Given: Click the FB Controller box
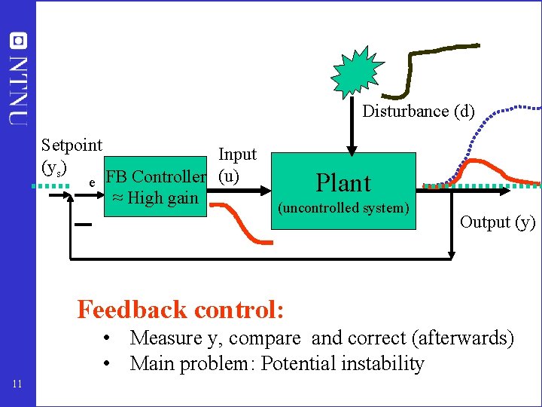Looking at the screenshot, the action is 156,187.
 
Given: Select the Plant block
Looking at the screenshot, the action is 343,191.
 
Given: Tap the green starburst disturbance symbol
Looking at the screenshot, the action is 357,72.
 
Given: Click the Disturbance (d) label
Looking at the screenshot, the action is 419,112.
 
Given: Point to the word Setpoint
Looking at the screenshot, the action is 72,145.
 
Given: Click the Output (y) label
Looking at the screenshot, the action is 498,222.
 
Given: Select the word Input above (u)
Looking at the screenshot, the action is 237,155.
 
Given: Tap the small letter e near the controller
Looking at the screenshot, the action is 92,182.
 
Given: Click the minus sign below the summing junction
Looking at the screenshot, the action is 84,225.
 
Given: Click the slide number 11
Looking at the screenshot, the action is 17,384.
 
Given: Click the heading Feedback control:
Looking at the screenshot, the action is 180,309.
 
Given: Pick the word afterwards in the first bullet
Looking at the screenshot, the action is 463,338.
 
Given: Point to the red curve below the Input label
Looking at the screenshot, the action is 241,224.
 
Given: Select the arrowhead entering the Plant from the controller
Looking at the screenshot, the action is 266,191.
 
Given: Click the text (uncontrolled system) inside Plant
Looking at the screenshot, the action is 343,208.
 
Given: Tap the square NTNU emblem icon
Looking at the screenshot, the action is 18,41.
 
